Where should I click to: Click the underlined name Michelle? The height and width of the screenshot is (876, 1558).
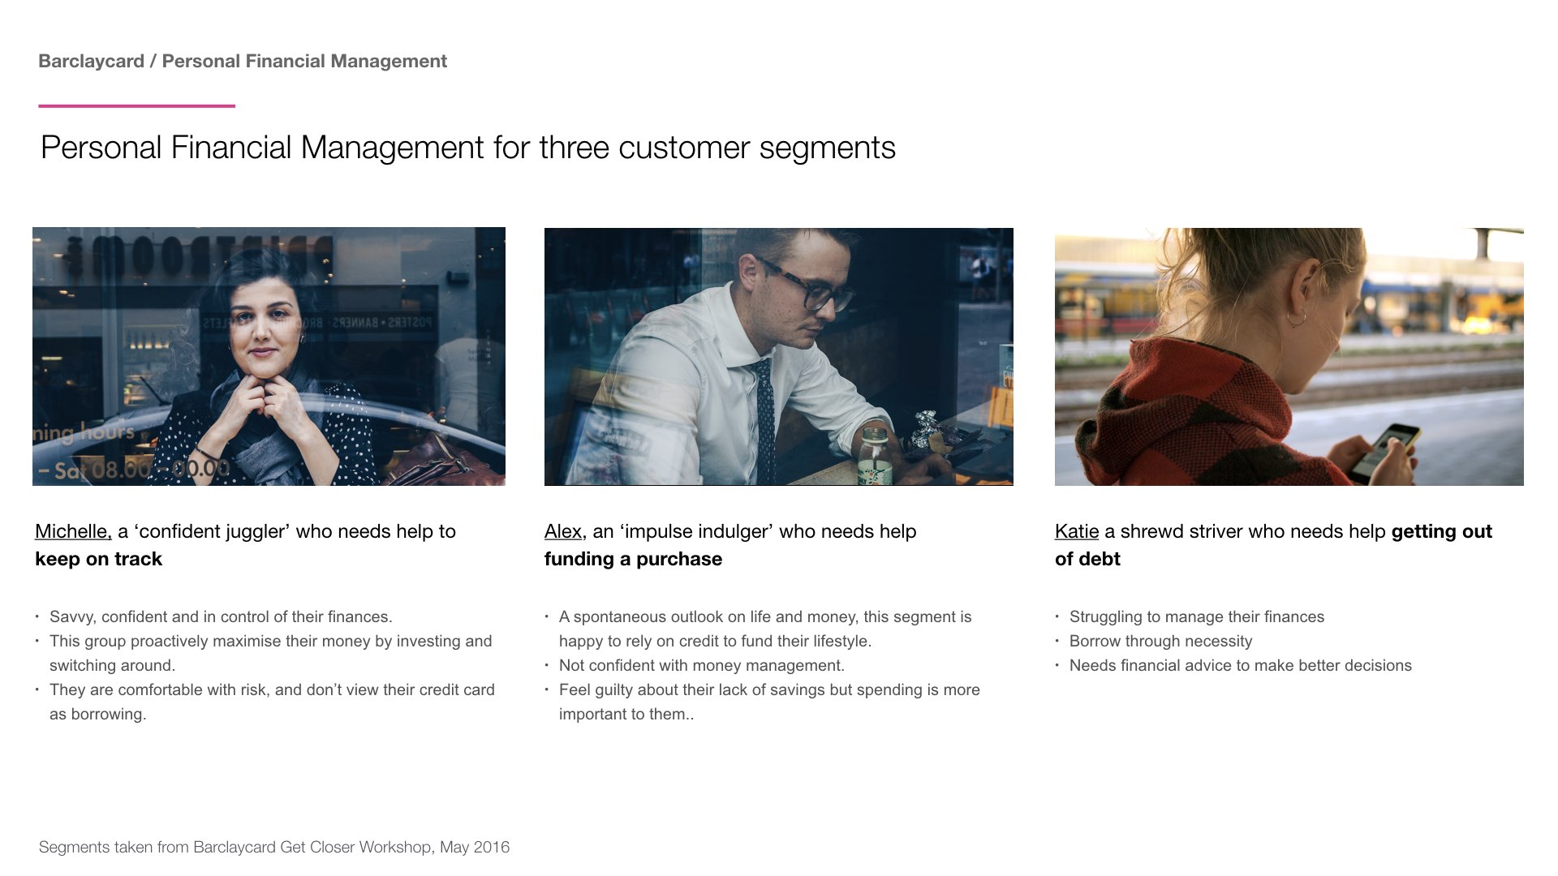pos(73,531)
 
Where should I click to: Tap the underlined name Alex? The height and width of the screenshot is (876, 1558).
pos(563,531)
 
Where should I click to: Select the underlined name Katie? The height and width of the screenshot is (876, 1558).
pos(1077,531)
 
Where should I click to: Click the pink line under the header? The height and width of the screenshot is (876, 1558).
pos(136,105)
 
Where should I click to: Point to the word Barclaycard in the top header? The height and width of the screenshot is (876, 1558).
pos(91,61)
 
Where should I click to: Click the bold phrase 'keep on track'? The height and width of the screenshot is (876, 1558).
pos(98,559)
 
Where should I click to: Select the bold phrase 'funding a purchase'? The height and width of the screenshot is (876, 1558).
pos(633,559)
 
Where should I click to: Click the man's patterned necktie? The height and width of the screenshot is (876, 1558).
pos(763,422)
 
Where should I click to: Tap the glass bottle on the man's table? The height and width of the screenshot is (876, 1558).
pos(875,456)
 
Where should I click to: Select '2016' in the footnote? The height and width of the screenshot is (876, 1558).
pos(492,848)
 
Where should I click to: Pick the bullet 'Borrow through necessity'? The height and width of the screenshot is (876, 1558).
pos(1160,642)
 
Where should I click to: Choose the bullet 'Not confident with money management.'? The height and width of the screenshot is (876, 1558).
pos(702,666)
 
